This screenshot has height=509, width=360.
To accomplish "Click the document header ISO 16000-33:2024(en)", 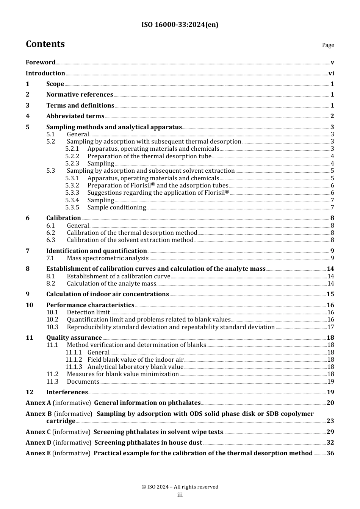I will point(180,25).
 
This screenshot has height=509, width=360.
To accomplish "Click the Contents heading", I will point(45,44).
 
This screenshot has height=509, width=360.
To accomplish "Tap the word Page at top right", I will point(328,45).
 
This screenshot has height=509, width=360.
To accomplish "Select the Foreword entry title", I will point(41,62).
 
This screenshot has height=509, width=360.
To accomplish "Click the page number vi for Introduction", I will point(331,73).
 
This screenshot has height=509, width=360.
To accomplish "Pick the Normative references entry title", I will point(80,95).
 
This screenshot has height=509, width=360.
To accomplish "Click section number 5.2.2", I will point(72,156).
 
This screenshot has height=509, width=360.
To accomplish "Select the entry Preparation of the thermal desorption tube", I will point(149,156).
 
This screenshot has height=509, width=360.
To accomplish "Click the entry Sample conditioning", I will point(116,208).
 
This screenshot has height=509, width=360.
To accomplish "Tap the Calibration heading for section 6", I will point(63,218).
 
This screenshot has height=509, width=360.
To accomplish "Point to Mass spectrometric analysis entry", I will point(108,258).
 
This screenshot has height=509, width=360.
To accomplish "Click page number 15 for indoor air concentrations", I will point(330,294).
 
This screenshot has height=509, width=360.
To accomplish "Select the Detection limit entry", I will point(88,312).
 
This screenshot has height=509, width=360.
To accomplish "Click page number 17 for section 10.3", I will point(330,327).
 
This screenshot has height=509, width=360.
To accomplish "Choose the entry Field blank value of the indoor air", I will point(135,360).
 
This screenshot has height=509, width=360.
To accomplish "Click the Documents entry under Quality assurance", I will point(83,382).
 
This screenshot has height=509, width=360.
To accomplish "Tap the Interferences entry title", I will point(67,392).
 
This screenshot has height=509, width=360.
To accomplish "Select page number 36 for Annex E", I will point(330,453).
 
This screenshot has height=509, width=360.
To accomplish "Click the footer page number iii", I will point(180,495).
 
